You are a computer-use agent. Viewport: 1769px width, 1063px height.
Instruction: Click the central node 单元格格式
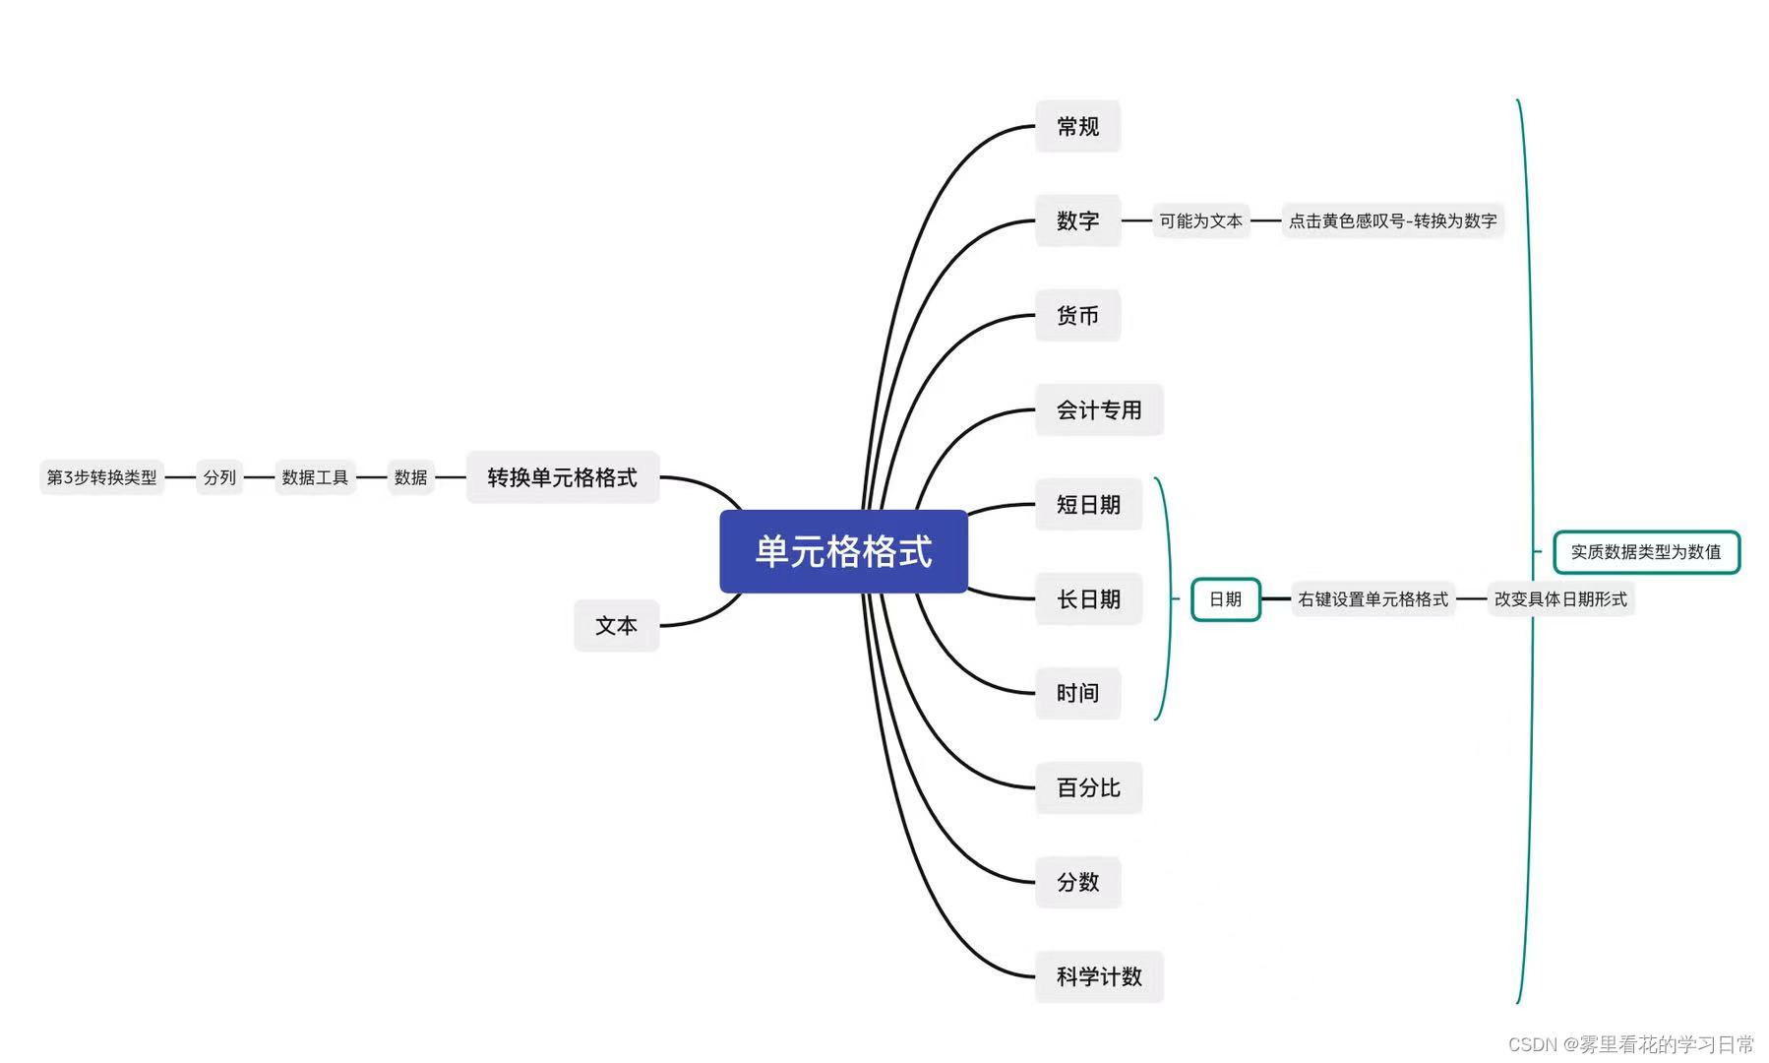843,551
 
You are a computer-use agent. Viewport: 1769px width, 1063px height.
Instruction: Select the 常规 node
1077,127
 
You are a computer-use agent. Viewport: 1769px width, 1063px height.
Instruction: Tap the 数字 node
1077,220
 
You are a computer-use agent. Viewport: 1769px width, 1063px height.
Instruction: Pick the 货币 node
1077,316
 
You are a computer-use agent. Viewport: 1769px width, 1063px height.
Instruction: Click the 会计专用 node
1098,410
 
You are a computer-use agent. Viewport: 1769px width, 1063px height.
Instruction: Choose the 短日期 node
1088,505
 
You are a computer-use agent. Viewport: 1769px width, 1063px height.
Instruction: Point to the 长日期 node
1088,599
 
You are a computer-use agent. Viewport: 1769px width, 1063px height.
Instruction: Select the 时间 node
1077,693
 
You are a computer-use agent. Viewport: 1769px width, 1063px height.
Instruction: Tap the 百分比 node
1088,787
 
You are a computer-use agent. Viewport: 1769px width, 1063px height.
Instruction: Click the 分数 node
1077,882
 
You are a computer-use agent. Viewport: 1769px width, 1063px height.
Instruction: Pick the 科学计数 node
1098,976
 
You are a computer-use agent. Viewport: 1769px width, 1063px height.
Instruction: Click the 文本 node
616,626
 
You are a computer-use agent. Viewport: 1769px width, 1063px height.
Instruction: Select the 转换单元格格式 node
562,477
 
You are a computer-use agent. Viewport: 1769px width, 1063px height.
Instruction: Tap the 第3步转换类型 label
101,477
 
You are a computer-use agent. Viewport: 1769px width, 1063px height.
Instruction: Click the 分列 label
219,477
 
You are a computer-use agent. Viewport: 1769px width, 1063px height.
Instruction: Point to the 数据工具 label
315,477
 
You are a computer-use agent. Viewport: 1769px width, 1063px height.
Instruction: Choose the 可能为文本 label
1200,221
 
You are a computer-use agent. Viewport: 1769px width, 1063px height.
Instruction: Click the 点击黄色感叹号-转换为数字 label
1392,221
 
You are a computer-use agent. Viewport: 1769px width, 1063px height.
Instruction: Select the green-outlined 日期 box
1225,599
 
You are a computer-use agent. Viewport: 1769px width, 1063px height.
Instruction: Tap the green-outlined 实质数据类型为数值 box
1645,552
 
